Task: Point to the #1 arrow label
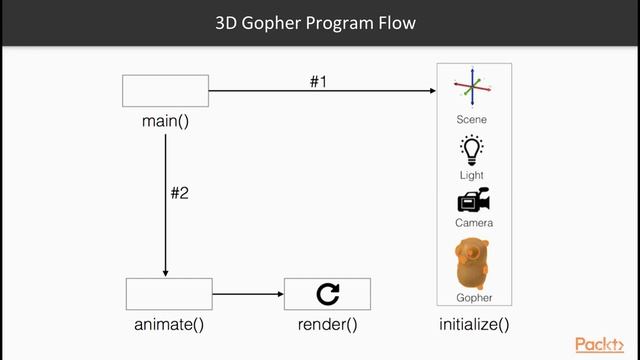pos(318,81)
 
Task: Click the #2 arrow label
pos(179,193)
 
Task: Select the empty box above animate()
pos(169,294)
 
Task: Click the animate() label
pos(169,325)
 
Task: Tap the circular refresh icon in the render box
pos(327,294)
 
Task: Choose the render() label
pos(327,325)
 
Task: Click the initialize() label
pos(474,325)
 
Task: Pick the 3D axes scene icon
pos(473,89)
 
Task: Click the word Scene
pos(472,120)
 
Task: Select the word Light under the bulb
pos(472,175)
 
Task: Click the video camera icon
pos(473,199)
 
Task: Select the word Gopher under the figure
pos(474,298)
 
